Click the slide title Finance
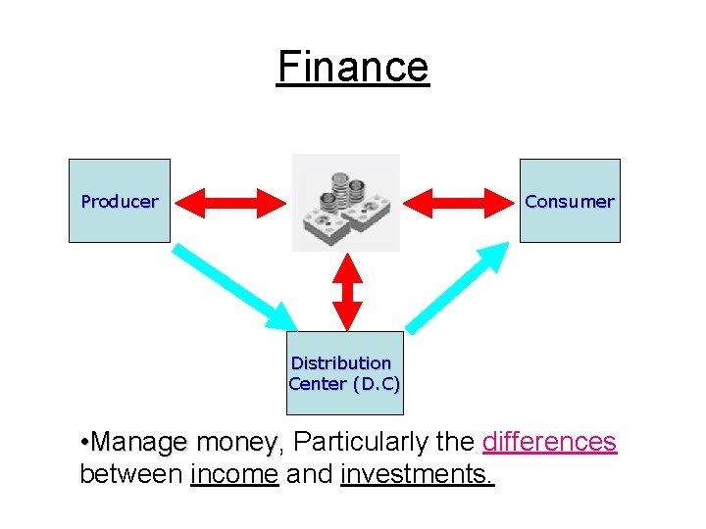(353, 68)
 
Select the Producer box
(120, 201)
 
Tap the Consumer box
(570, 201)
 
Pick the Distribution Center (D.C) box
(344, 373)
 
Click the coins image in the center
(345, 202)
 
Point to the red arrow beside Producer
(229, 202)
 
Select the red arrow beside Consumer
(459, 202)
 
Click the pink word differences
(549, 442)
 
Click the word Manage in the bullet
(139, 442)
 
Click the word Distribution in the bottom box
(341, 362)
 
